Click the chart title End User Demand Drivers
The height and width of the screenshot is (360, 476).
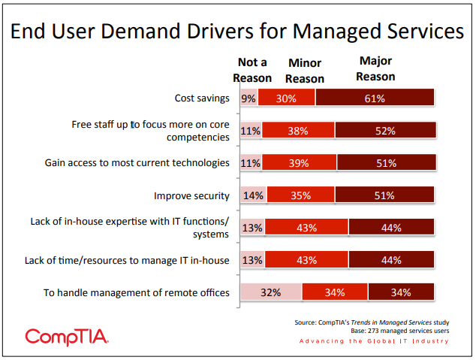[x=237, y=32]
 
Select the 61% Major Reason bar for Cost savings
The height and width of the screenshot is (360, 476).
[x=375, y=98]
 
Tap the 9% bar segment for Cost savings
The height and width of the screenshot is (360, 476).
[x=247, y=98]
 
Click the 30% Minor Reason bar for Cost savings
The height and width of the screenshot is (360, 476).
[x=285, y=98]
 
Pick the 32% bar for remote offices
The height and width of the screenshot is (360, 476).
[x=270, y=292]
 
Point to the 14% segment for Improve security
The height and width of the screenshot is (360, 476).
[x=252, y=195]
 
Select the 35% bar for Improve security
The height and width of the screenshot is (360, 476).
[x=300, y=195]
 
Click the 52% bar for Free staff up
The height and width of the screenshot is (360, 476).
[x=385, y=131]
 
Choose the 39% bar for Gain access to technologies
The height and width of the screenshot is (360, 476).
[x=299, y=163]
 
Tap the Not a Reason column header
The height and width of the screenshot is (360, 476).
[x=252, y=70]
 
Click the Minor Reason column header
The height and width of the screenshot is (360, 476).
[x=305, y=71]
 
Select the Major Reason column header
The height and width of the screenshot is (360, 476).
[x=376, y=69]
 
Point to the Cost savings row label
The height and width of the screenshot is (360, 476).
[x=201, y=98]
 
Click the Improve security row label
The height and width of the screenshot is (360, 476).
[x=191, y=195]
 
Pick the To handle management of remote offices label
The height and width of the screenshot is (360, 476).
[x=137, y=292]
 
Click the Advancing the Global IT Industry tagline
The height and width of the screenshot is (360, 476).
[x=374, y=341]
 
